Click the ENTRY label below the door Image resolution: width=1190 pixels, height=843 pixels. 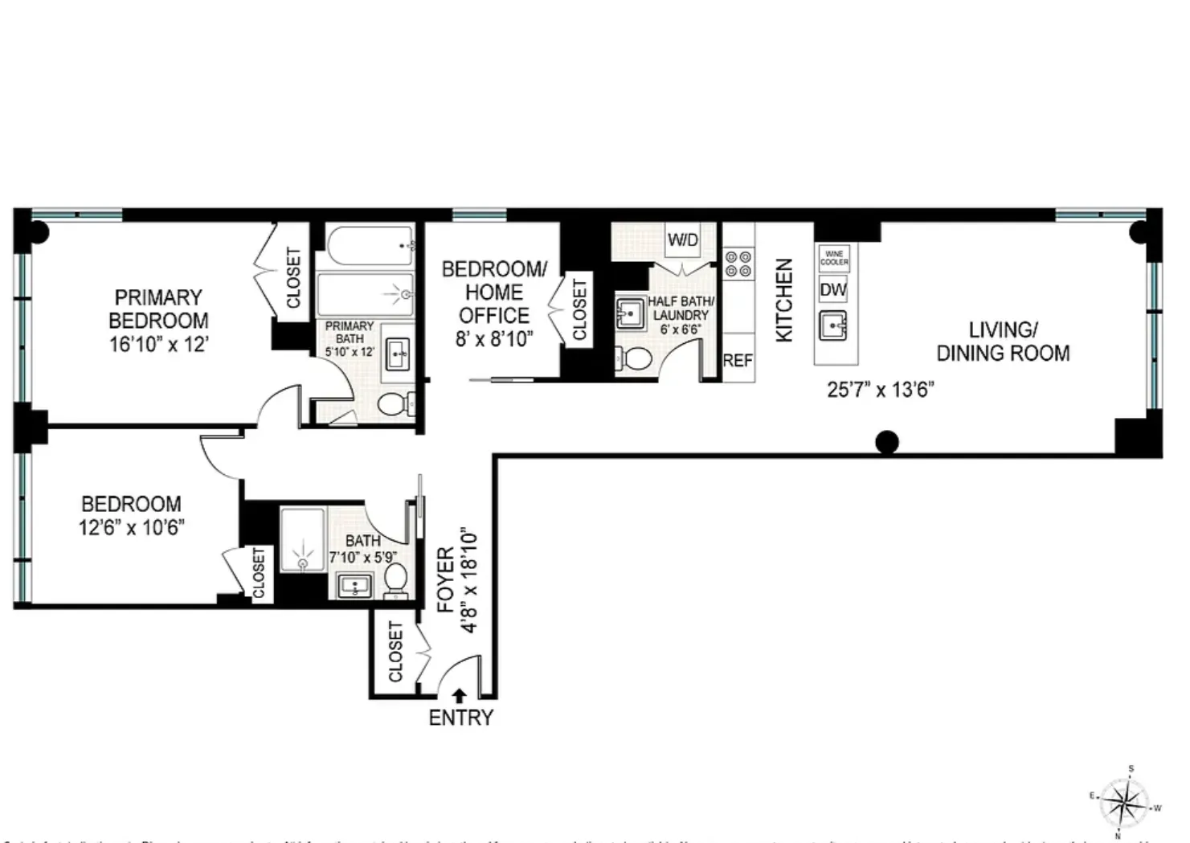(x=460, y=718)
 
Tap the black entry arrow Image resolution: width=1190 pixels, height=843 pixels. (x=460, y=696)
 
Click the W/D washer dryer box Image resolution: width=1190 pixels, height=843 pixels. (x=682, y=240)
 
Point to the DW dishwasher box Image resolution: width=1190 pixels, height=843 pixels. (x=833, y=289)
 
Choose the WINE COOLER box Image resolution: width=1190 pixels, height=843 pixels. (x=834, y=258)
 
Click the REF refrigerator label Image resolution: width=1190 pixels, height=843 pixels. (x=737, y=361)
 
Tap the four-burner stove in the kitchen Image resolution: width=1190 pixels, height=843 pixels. (x=738, y=264)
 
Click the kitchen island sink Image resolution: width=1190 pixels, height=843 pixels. (x=834, y=326)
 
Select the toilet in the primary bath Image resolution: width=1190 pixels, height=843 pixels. (x=393, y=403)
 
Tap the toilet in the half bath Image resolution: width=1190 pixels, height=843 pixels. (x=638, y=358)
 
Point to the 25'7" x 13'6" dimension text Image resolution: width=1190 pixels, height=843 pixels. (x=880, y=390)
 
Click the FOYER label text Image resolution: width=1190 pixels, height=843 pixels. (x=446, y=580)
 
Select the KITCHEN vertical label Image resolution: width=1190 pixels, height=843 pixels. (x=784, y=300)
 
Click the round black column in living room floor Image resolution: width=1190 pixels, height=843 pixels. (x=886, y=442)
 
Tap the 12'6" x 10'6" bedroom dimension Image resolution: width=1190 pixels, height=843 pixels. (x=131, y=527)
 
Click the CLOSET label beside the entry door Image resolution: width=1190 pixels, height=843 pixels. (x=395, y=652)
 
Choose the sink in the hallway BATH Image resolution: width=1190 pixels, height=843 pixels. (x=352, y=586)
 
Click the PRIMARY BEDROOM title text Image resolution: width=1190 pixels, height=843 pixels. (x=158, y=309)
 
